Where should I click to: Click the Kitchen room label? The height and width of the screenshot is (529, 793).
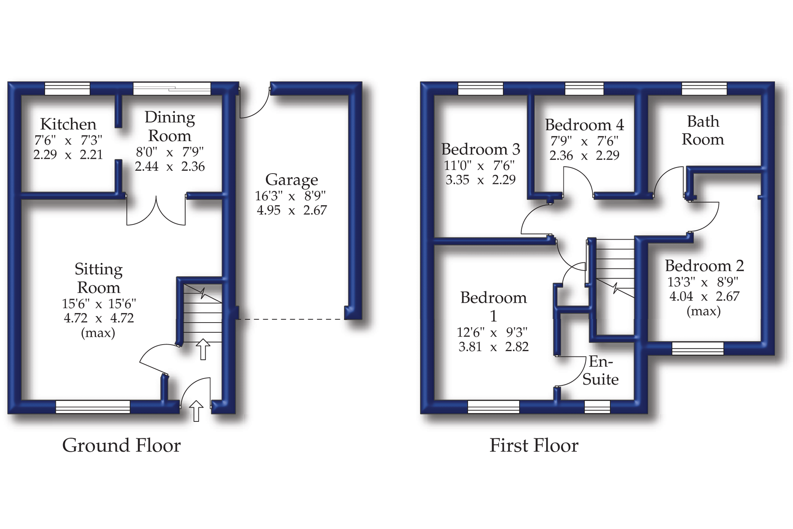click(68, 124)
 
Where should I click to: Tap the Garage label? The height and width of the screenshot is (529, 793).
click(291, 180)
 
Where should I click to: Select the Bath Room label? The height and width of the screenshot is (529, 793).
click(703, 130)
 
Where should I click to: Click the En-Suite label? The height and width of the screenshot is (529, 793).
click(600, 370)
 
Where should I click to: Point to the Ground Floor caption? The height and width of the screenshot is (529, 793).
click(121, 445)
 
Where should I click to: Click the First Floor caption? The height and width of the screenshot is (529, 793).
click(534, 445)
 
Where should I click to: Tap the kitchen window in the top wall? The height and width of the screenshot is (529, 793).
click(67, 89)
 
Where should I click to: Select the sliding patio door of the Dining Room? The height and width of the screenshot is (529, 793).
click(172, 89)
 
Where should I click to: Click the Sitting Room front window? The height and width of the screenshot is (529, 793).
click(93, 407)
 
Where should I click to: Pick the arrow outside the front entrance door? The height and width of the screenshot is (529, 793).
click(196, 411)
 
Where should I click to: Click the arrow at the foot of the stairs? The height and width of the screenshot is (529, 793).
click(203, 349)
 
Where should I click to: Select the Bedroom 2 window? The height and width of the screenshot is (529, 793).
click(698, 348)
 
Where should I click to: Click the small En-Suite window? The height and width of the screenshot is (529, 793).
click(597, 407)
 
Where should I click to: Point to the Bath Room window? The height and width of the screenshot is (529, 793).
click(704, 89)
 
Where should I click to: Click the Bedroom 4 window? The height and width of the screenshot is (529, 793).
click(584, 89)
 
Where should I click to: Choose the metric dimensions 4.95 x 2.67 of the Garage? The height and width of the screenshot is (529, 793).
click(291, 210)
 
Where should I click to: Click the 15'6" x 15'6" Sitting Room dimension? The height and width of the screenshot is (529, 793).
click(99, 304)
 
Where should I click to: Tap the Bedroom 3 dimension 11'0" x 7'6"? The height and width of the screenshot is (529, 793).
click(479, 165)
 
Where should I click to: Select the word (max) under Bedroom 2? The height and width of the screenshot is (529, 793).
click(703, 311)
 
